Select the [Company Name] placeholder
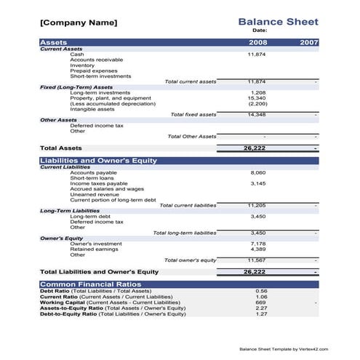pyautogui.click(x=78, y=23)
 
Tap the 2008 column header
pyautogui.click(x=258, y=42)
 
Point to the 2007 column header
pyautogui.click(x=309, y=42)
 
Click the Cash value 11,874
pyautogui.click(x=257, y=55)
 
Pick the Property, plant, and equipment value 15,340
pyautogui.click(x=257, y=98)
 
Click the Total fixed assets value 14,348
pyautogui.click(x=257, y=114)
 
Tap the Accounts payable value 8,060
pyautogui.click(x=257, y=172)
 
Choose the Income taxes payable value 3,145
pyautogui.click(x=257, y=183)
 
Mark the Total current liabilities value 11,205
pyautogui.click(x=257, y=205)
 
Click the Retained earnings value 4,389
pyautogui.click(x=257, y=249)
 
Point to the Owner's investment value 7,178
pyautogui.click(x=257, y=244)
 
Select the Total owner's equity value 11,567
pyautogui.click(x=257, y=260)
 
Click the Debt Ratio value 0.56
pyautogui.click(x=261, y=291)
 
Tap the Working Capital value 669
pyautogui.click(x=261, y=302)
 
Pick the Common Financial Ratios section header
pyautogui.click(x=90, y=284)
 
